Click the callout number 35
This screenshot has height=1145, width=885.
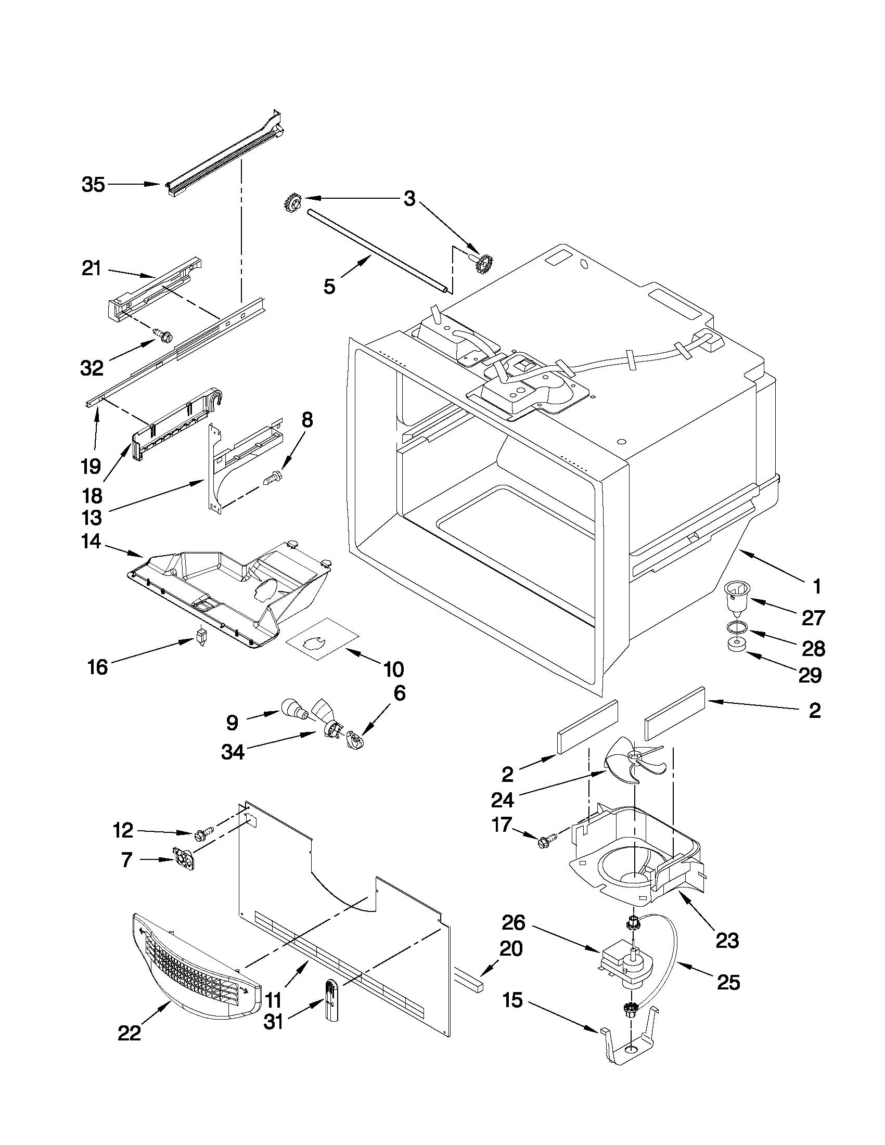93,185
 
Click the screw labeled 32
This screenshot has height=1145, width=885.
163,335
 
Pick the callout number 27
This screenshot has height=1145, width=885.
813,619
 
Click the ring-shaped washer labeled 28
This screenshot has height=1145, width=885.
737,626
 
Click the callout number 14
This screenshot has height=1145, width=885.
91,542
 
